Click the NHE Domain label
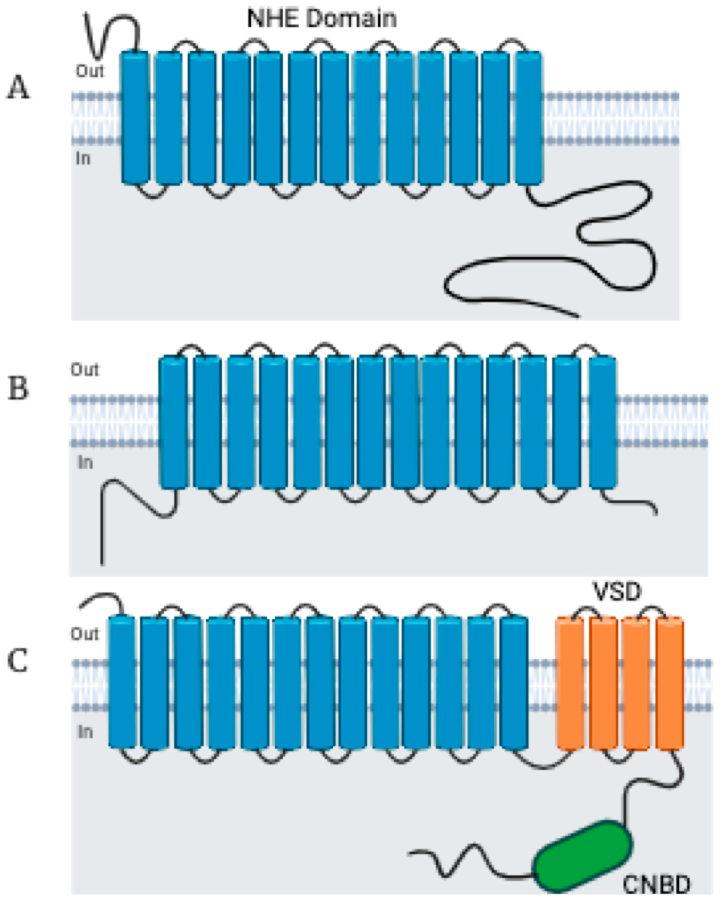(x=322, y=19)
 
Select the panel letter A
(x=18, y=88)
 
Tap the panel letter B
(x=18, y=388)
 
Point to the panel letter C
(x=18, y=660)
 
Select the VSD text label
(x=617, y=592)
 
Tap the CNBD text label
(x=656, y=885)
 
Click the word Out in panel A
(x=90, y=71)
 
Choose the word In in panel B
(x=85, y=463)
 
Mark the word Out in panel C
(x=85, y=634)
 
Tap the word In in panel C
(x=85, y=732)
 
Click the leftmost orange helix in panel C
(x=570, y=683)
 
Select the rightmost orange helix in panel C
(x=670, y=683)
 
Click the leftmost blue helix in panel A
(x=135, y=118)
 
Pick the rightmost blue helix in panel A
(x=529, y=118)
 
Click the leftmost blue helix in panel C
(x=122, y=683)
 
